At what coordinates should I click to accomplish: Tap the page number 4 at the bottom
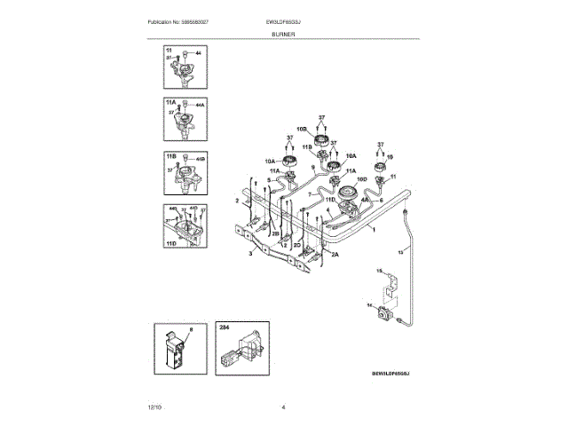(283, 406)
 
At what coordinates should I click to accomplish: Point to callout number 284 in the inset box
(224, 327)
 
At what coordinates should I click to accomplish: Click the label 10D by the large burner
(362, 177)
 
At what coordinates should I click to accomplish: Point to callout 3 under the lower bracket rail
(251, 254)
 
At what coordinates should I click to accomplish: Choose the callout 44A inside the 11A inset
(200, 106)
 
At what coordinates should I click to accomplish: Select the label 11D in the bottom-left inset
(170, 241)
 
